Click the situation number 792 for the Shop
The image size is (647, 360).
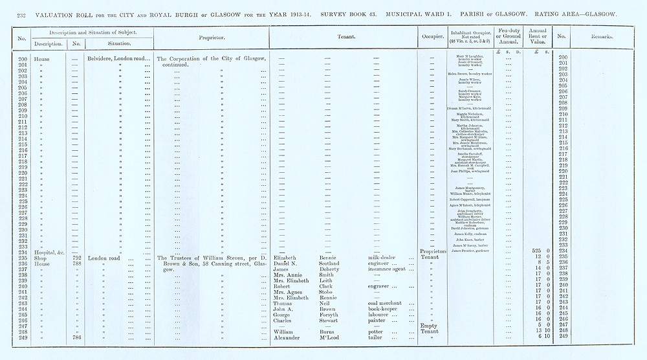(x=76, y=258)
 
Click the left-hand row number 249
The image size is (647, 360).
(x=21, y=337)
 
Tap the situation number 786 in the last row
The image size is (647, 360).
(x=76, y=337)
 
